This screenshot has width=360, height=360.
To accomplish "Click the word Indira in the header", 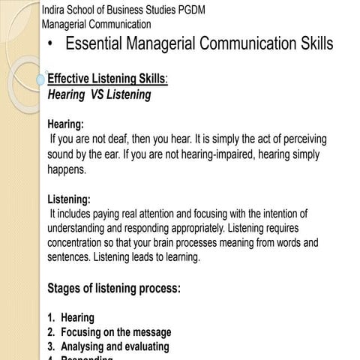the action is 55,9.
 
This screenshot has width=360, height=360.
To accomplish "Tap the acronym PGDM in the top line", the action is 194,9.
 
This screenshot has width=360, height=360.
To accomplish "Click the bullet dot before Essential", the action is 49,45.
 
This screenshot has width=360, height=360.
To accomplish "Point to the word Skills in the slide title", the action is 309,44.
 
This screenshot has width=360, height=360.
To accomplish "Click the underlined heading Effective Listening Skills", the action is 107,80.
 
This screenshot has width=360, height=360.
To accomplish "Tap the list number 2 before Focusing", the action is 51,332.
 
